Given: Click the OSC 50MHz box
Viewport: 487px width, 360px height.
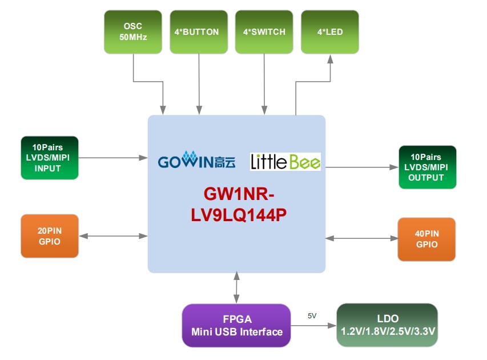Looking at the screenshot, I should [x=132, y=32].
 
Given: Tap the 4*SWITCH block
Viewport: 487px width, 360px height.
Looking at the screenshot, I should [x=264, y=32].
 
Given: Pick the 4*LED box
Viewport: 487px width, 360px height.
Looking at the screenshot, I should [x=330, y=32].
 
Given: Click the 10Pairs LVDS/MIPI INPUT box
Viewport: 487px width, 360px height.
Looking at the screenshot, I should [x=50, y=157].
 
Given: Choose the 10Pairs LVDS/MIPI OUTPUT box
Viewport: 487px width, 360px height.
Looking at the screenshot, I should [x=428, y=167].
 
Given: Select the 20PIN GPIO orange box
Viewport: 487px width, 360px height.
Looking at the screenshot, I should [x=50, y=235].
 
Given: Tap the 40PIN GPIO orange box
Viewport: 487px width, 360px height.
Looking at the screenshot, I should [x=426, y=239].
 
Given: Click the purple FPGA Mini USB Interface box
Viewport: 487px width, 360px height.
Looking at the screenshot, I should [x=237, y=326].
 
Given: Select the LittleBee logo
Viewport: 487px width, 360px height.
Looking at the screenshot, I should [x=285, y=162].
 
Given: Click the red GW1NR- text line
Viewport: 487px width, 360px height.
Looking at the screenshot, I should [x=237, y=195].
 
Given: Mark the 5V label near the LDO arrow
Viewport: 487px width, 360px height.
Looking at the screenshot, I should [x=312, y=315].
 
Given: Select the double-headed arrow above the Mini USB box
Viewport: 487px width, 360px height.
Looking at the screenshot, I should [x=237, y=288].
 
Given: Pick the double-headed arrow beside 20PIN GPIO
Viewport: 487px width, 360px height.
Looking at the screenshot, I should [x=113, y=235].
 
